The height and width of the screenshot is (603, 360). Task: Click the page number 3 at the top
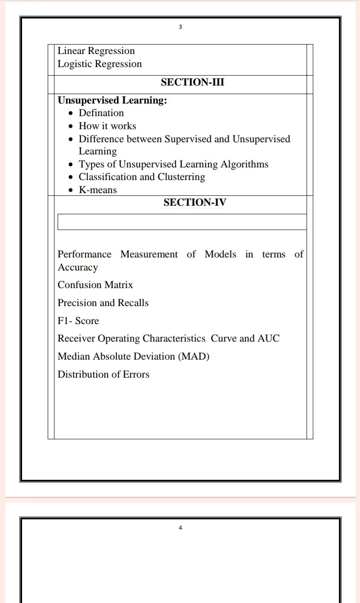(180, 27)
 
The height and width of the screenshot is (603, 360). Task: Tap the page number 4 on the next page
(180, 527)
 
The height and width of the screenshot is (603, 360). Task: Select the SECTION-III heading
(192, 82)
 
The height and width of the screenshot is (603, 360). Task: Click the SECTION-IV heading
(194, 202)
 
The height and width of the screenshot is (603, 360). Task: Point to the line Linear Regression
(96, 51)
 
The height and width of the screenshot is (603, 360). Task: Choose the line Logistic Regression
(99, 64)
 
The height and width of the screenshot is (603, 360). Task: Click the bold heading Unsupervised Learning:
(112, 100)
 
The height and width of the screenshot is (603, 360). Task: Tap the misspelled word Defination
(101, 113)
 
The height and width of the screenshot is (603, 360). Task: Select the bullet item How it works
(107, 126)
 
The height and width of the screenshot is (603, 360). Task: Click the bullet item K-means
(98, 190)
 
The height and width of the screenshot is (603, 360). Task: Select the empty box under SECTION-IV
(182, 222)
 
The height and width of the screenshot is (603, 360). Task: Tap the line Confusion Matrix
(95, 285)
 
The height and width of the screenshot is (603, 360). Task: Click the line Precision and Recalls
(103, 303)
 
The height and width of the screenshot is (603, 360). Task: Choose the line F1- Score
(78, 321)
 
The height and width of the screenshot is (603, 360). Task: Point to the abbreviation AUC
(269, 338)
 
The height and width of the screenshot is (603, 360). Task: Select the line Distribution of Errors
(103, 374)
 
